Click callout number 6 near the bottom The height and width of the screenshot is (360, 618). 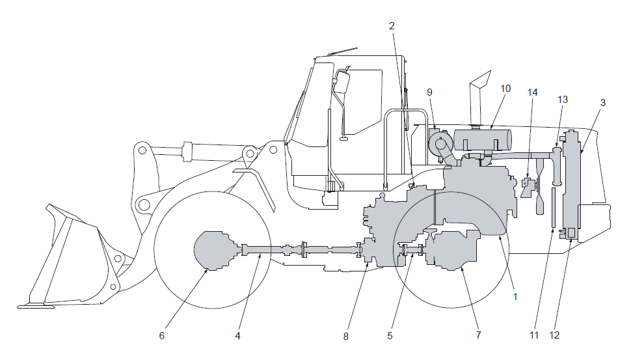(161, 335)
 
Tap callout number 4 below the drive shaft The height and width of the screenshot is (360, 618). (237, 335)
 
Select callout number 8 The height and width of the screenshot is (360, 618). (345, 337)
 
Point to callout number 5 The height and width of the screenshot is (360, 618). (390, 335)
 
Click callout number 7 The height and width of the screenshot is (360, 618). (479, 335)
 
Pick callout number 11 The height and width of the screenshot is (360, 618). (534, 335)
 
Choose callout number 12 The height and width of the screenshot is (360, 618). (554, 335)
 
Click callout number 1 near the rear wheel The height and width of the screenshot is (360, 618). (515, 296)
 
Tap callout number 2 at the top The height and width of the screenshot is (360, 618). (392, 25)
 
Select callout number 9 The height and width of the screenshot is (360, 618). (429, 92)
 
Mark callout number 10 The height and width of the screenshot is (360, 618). (505, 89)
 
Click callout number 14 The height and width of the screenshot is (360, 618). (533, 92)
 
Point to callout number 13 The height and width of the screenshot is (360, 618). (563, 100)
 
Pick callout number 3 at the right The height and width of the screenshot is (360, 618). (602, 102)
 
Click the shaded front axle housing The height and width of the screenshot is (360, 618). (215, 251)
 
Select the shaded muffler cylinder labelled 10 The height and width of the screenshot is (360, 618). (483, 140)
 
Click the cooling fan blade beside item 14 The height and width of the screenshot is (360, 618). (539, 186)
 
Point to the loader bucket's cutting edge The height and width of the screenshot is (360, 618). (36, 305)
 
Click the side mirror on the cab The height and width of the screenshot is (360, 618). (342, 81)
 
